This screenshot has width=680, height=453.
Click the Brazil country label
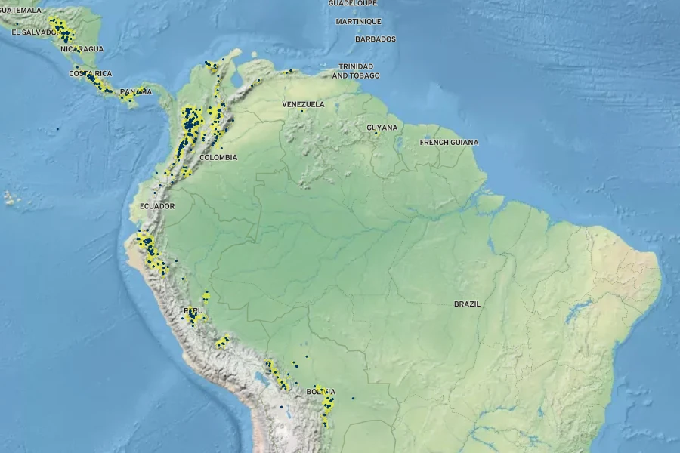(x=467, y=304)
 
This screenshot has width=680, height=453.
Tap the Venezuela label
(x=303, y=104)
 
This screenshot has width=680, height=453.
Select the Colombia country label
(x=218, y=157)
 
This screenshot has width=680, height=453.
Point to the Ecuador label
(x=157, y=206)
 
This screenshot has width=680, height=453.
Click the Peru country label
(x=193, y=311)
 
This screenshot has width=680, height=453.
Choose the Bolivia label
(x=320, y=393)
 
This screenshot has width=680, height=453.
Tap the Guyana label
(x=382, y=128)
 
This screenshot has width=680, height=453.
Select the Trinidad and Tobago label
(x=356, y=71)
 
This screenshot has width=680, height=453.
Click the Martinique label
(x=358, y=21)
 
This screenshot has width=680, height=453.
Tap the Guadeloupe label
(x=352, y=3)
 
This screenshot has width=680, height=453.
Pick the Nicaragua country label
(x=82, y=49)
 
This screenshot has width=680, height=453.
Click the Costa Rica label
(x=91, y=73)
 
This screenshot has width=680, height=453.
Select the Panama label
(x=135, y=92)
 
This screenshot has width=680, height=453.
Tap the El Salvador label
(x=27, y=32)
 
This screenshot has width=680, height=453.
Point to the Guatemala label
(x=21, y=11)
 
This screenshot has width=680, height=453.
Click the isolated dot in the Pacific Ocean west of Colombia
(x=57, y=129)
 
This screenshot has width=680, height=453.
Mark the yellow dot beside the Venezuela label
(x=301, y=111)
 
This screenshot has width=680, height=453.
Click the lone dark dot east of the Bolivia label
(x=353, y=398)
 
